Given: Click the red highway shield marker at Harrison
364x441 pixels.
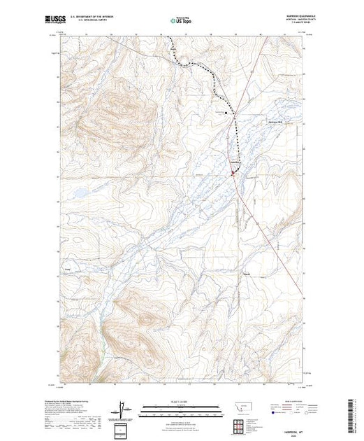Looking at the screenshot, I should coord(233,169).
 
